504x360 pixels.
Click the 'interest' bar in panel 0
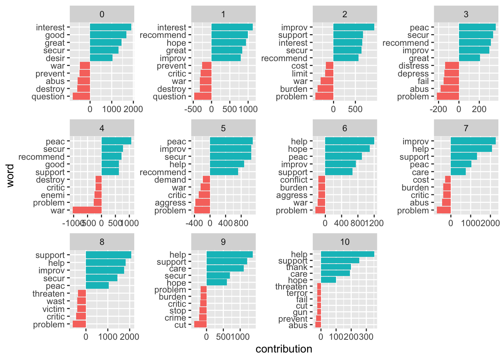point(111,27)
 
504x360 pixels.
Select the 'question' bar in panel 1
point(202,96)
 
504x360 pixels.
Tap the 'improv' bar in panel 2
point(354,27)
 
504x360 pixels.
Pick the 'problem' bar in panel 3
point(448,96)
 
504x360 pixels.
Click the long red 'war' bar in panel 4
point(87,210)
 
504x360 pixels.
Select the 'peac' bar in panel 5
point(231,141)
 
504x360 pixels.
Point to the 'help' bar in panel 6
point(349,141)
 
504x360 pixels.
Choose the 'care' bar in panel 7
point(458,172)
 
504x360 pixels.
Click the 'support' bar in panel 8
point(108,255)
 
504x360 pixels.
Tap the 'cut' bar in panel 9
point(200,325)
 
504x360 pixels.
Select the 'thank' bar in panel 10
point(336,267)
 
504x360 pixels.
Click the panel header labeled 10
point(345,242)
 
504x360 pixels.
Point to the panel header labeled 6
point(345,128)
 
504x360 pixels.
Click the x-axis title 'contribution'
point(284,349)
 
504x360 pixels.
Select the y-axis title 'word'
point(10,175)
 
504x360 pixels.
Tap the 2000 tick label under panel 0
point(133,109)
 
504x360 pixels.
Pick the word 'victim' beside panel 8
point(53,309)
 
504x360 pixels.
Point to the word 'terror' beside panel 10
point(297,293)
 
